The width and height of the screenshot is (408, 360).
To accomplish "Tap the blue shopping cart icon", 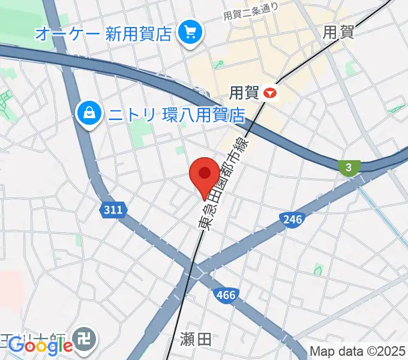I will pyautogui.click(x=191, y=31).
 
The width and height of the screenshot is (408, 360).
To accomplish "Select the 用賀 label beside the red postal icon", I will pyautogui.click(x=244, y=92).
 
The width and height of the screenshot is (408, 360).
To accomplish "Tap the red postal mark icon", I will pyautogui.click(x=271, y=92).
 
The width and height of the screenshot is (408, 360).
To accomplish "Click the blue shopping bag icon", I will pyautogui.click(x=89, y=112).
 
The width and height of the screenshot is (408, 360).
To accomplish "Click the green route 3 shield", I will pyautogui.click(x=348, y=167).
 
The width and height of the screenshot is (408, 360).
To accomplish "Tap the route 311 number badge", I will pyautogui.click(x=112, y=210).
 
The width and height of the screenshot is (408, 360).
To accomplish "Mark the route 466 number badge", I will pyautogui.click(x=225, y=294).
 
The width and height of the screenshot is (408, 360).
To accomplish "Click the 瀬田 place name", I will pyautogui.click(x=196, y=340).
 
